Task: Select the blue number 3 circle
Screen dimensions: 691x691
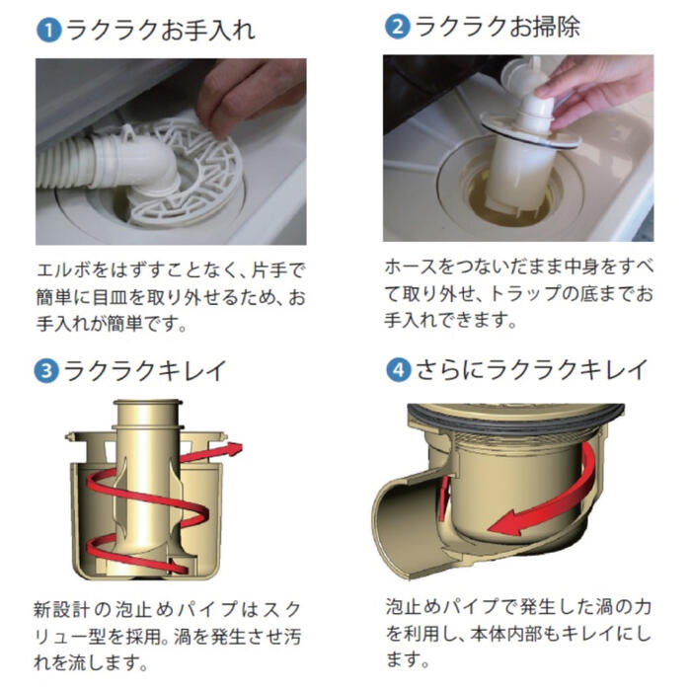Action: pos(45,372)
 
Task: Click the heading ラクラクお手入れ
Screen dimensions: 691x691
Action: pos(159,30)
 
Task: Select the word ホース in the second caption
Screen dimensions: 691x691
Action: pos(409,269)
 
